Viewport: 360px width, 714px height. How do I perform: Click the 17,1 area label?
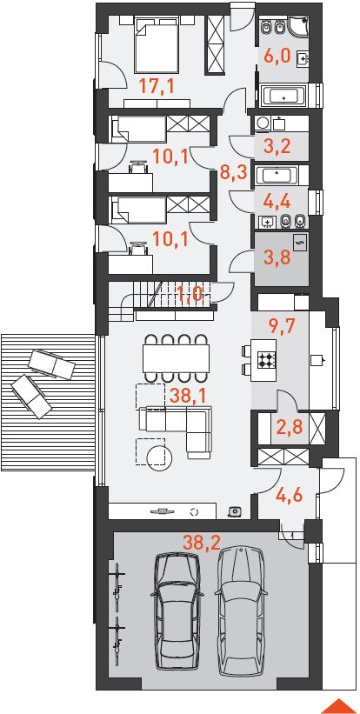coord(157,85)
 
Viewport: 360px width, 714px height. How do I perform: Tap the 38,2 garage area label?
coord(201,543)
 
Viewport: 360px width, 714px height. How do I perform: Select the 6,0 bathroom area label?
coord(278,57)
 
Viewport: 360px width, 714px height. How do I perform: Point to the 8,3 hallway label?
coord(232,173)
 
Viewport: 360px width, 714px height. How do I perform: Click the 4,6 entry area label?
coord(289,496)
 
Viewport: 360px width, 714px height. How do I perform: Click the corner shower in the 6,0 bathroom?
coord(297,29)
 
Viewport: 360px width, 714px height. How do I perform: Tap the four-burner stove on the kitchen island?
coord(266,361)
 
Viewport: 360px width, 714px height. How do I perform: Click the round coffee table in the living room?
coord(160,456)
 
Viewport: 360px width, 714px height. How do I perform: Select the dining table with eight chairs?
coord(176,358)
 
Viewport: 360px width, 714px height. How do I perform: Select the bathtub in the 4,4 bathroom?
coord(277,175)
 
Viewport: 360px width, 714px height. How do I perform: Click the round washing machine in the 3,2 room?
coord(262,123)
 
